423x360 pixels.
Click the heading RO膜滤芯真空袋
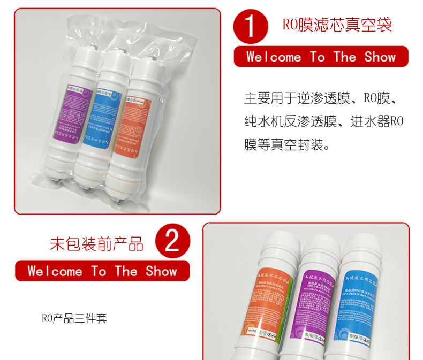337,25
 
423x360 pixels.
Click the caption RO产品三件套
74,318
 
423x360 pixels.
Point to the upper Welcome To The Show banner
321,57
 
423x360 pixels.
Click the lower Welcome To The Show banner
102,271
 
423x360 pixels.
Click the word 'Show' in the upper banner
380,57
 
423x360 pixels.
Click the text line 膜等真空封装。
288,145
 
